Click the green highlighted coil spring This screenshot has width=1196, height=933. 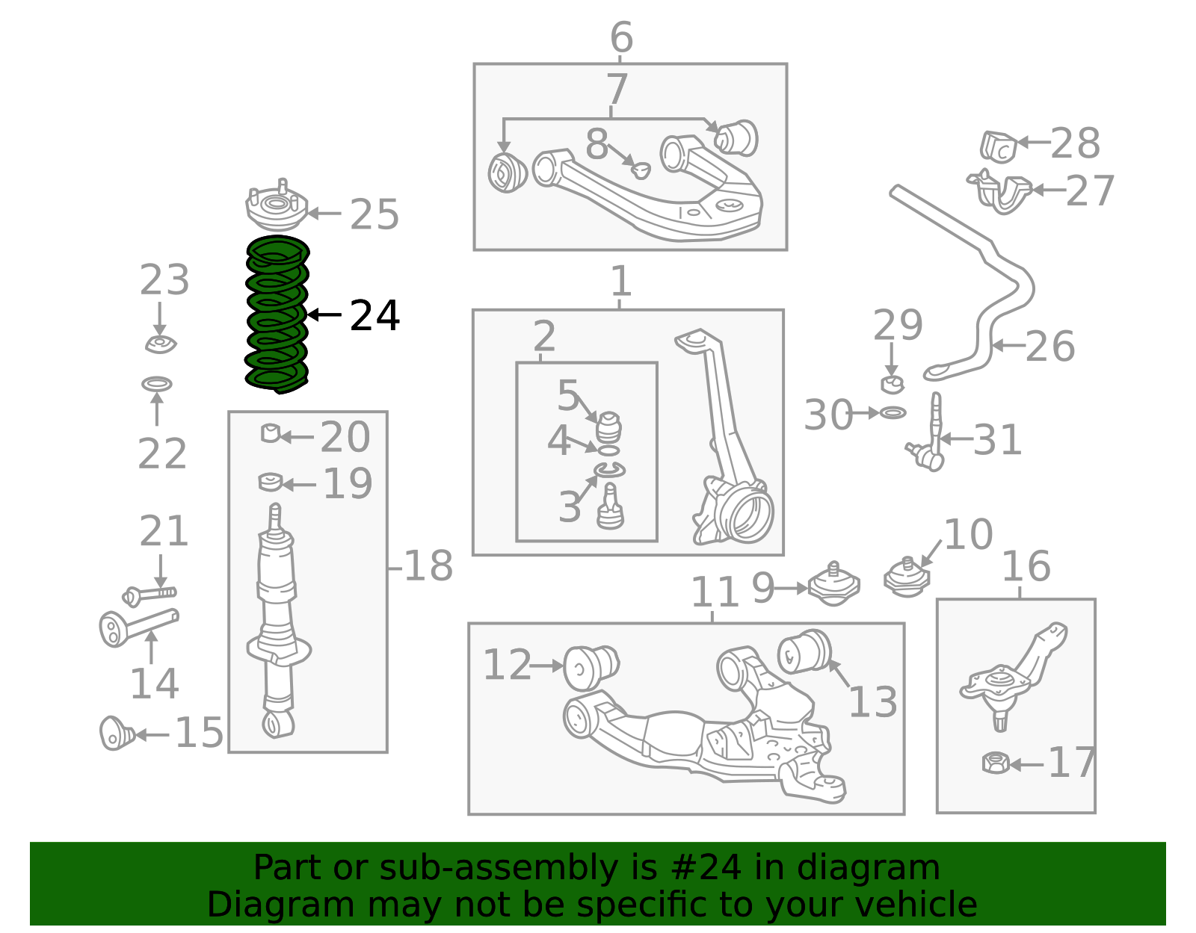pyautogui.click(x=277, y=314)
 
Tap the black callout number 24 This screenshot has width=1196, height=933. pyautogui.click(x=374, y=315)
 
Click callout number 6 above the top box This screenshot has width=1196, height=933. pyautogui.click(x=621, y=37)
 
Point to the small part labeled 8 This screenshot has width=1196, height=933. pyautogui.click(x=641, y=170)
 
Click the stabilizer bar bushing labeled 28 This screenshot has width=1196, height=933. pyautogui.click(x=999, y=147)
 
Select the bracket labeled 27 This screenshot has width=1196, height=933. pyautogui.click(x=999, y=191)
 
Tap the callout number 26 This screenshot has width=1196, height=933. pyautogui.click(x=1049, y=347)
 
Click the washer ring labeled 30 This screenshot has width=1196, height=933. pyautogui.click(x=893, y=412)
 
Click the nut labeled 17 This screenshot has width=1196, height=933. pyautogui.click(x=996, y=763)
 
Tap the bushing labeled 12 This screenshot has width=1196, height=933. pyautogui.click(x=591, y=668)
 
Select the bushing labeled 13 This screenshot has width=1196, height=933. pyautogui.click(x=804, y=652)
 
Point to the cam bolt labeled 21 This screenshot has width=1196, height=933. pyautogui.click(x=149, y=595)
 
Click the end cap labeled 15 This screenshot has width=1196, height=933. pyautogui.click(x=117, y=733)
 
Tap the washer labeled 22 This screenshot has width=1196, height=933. pyautogui.click(x=157, y=384)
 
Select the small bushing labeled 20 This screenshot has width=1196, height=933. pyautogui.click(x=271, y=433)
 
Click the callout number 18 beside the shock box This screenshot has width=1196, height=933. pyautogui.click(x=429, y=565)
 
